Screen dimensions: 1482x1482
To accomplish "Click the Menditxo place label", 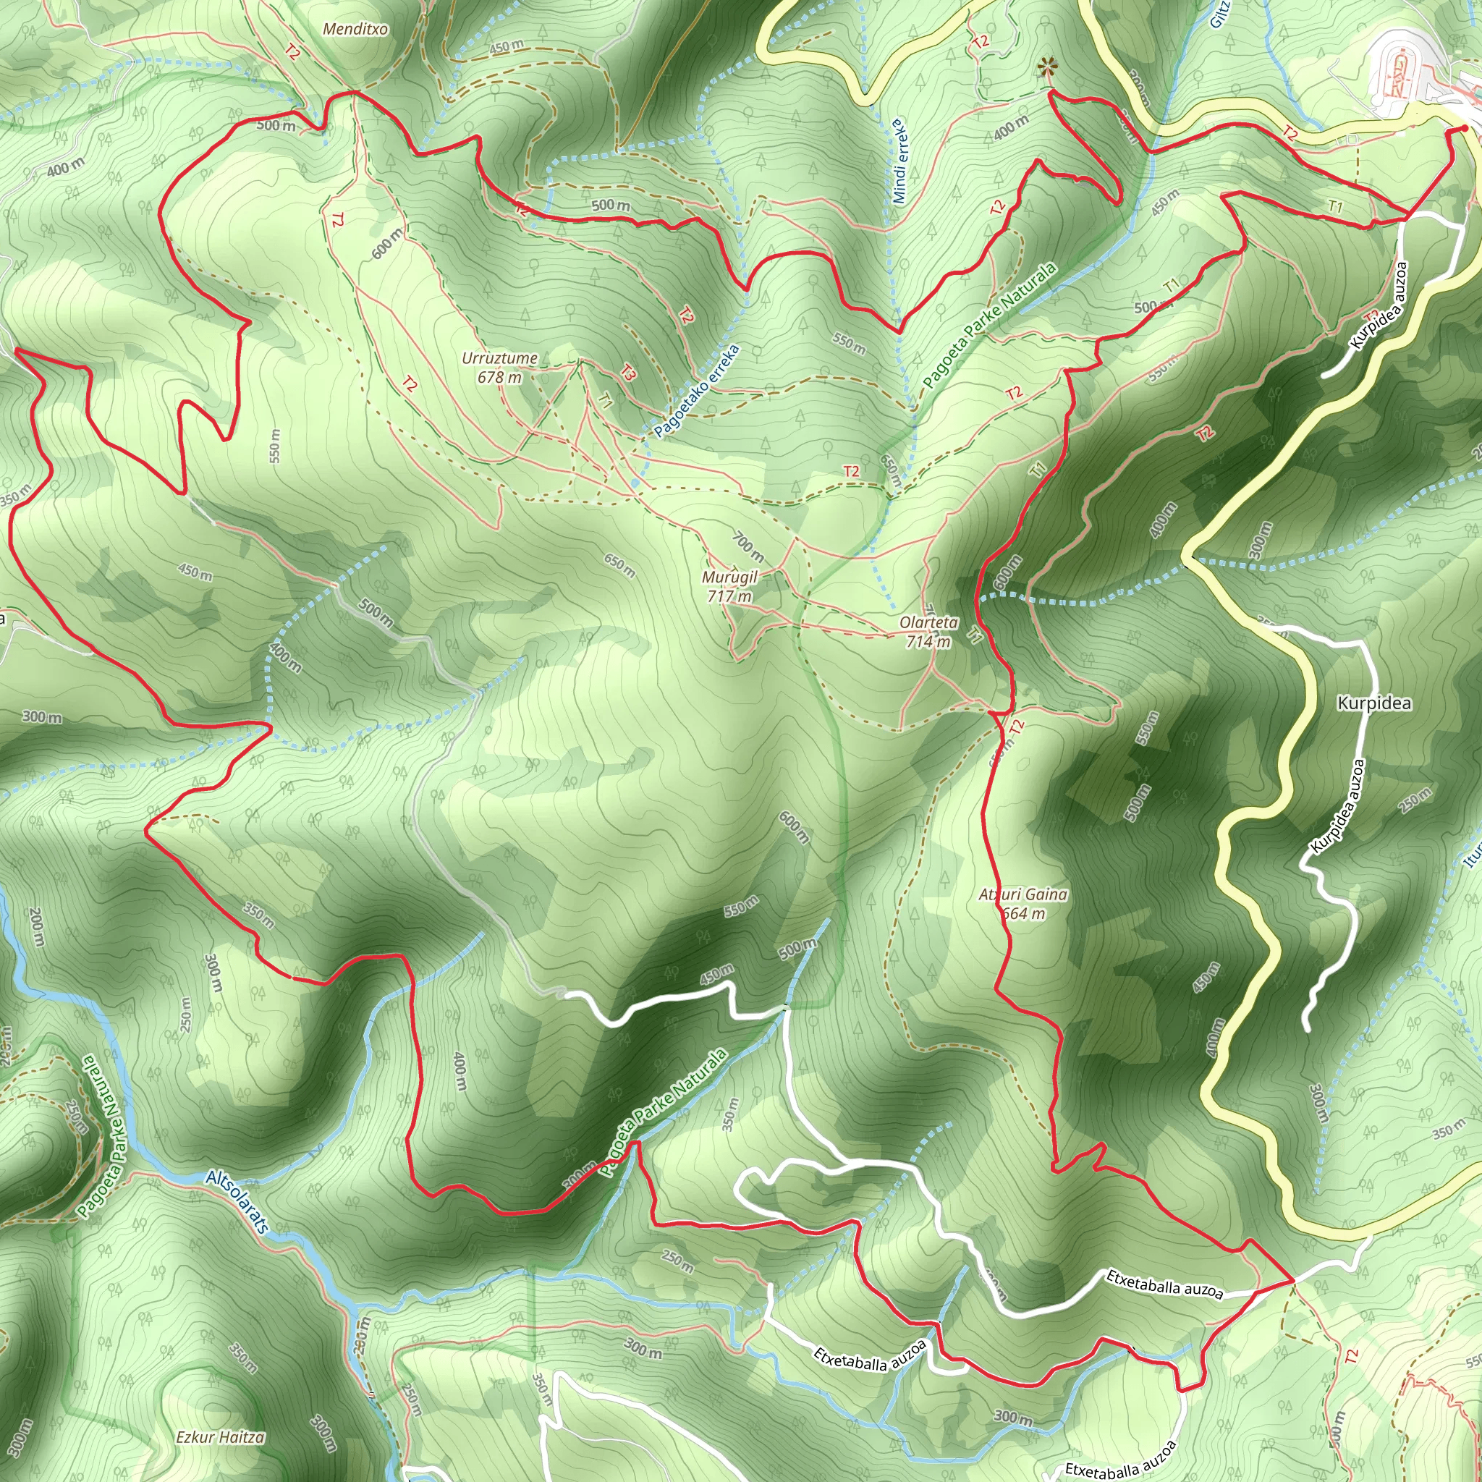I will click(x=355, y=30).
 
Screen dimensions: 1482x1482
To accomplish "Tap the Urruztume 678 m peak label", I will click(x=499, y=368).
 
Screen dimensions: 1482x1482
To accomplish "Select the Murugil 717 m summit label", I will click(x=729, y=586).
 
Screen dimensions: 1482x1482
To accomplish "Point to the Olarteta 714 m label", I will click(x=928, y=632).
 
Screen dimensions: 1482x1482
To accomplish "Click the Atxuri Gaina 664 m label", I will click(x=1022, y=904).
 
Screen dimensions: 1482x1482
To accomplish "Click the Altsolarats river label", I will click(x=238, y=1202).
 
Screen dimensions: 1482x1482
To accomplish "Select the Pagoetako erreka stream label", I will click(x=698, y=391).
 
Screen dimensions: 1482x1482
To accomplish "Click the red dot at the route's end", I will click(x=1465, y=129).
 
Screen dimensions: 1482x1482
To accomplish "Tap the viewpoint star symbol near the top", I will click(x=1045, y=69).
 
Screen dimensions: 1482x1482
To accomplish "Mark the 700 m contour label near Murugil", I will click(x=747, y=546).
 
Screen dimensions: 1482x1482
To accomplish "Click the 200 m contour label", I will click(x=35, y=927).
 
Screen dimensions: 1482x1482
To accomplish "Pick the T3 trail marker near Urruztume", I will click(x=627, y=373).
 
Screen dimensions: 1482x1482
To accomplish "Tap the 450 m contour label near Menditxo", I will click(x=507, y=47).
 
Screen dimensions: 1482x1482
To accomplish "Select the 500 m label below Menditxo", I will click(x=276, y=125).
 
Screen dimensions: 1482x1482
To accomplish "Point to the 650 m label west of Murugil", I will click(x=619, y=565).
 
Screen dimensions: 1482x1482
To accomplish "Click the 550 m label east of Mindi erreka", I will click(x=849, y=343).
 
